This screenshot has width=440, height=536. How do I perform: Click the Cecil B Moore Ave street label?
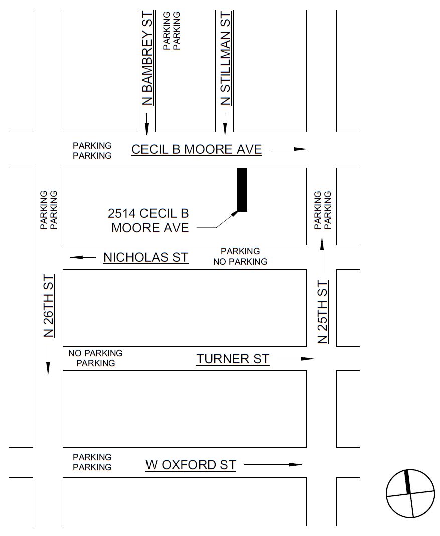197,149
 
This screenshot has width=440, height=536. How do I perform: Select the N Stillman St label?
226,59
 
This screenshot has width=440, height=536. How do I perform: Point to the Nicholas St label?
145,258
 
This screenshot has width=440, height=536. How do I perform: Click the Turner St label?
233,359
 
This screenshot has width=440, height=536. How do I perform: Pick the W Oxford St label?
191,465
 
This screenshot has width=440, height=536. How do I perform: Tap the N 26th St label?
48,305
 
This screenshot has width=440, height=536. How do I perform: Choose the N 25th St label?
323,312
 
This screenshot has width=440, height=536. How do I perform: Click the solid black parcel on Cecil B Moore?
242,189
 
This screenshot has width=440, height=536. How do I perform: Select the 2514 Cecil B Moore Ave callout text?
149,221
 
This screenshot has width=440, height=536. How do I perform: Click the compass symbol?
410,494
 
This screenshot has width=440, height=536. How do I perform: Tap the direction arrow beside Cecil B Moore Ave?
287,149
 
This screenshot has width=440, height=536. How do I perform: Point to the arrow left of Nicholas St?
83,257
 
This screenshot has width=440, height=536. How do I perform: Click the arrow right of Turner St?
295,359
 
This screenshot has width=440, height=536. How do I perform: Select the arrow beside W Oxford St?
273,465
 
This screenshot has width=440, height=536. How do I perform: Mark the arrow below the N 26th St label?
48,360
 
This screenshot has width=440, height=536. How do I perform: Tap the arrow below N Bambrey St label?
146,124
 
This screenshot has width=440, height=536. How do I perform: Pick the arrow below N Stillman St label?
225,124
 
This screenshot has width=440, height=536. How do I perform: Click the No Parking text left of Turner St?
95,353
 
